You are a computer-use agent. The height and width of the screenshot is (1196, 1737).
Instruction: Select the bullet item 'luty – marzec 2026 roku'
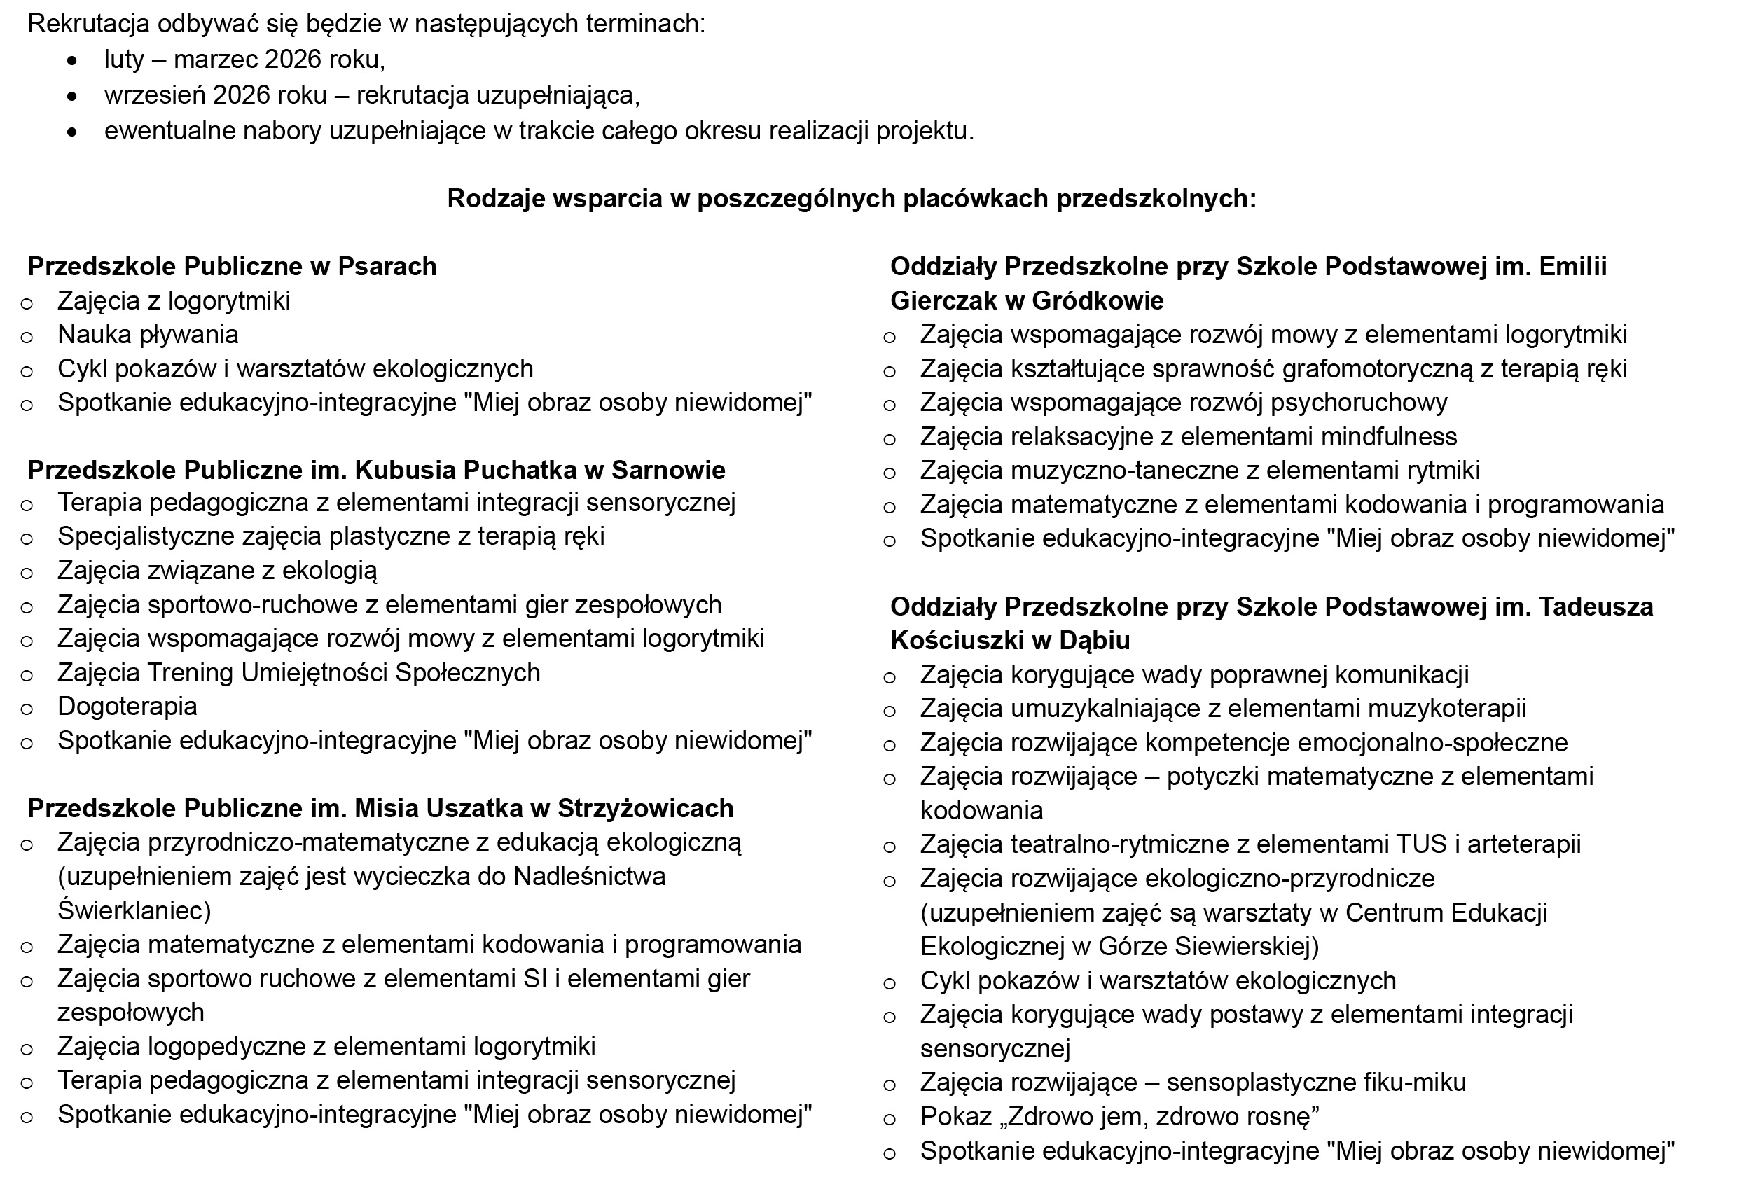coord(244,60)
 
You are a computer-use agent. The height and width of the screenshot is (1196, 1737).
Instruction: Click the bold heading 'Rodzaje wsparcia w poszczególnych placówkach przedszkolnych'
coord(851,199)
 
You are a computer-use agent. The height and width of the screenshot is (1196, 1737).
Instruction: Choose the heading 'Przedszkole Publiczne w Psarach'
coord(233,267)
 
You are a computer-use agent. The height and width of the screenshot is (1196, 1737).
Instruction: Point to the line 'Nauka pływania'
coord(148,335)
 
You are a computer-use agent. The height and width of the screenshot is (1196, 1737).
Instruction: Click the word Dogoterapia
coord(127,707)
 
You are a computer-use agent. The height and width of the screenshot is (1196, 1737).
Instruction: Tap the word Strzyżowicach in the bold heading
coord(645,809)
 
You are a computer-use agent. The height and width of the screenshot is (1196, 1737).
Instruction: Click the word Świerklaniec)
coord(135,910)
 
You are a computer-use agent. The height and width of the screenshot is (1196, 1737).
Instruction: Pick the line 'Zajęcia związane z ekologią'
coord(217,571)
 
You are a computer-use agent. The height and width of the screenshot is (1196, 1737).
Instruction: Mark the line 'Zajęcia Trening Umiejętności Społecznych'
coord(298,673)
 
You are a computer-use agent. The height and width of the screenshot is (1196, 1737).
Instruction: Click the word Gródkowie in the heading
coord(1098,301)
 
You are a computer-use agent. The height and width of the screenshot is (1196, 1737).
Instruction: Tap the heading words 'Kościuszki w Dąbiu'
coord(1010,641)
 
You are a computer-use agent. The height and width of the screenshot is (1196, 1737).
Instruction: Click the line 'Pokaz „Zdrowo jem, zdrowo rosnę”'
coord(1119,1117)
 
